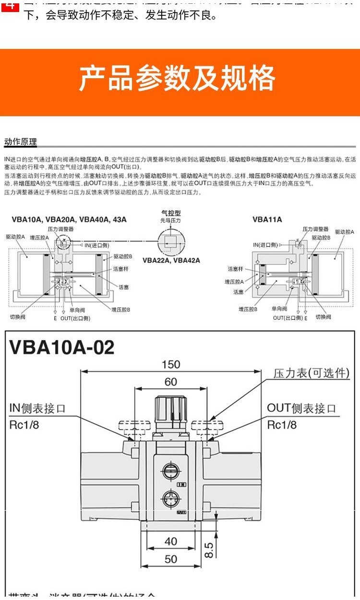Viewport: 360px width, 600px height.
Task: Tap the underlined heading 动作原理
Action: [x=20, y=142]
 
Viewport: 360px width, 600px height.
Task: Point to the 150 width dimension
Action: [x=170, y=364]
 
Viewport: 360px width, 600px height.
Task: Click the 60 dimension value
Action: [x=170, y=382]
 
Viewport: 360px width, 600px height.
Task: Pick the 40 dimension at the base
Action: [x=171, y=541]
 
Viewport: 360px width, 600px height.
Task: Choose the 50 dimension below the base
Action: [x=171, y=559]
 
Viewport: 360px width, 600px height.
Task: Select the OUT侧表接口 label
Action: [x=301, y=408]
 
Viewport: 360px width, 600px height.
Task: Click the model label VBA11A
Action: [x=267, y=220]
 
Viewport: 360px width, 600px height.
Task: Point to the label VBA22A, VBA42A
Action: [x=171, y=260]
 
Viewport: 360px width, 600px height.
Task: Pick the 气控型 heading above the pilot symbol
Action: [x=171, y=213]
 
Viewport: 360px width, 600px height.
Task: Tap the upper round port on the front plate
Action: [x=170, y=471]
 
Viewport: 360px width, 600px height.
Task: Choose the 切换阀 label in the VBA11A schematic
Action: [x=323, y=317]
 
